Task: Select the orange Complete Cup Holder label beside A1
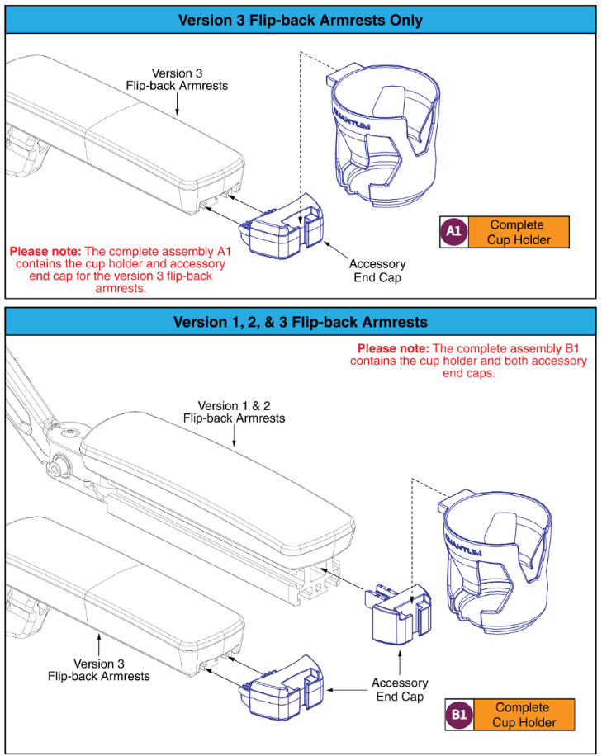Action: [x=517, y=233]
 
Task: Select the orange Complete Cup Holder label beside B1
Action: [x=522, y=715]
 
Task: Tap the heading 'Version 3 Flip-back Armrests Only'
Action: [x=301, y=20]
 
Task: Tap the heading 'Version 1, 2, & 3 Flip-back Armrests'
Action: [x=301, y=322]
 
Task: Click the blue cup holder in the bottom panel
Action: [x=496, y=561]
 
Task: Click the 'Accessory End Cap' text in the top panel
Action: [x=377, y=272]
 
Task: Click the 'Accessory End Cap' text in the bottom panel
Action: [x=400, y=690]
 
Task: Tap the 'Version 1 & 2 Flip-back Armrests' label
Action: [x=235, y=412]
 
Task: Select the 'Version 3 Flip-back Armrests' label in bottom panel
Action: [x=99, y=669]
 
